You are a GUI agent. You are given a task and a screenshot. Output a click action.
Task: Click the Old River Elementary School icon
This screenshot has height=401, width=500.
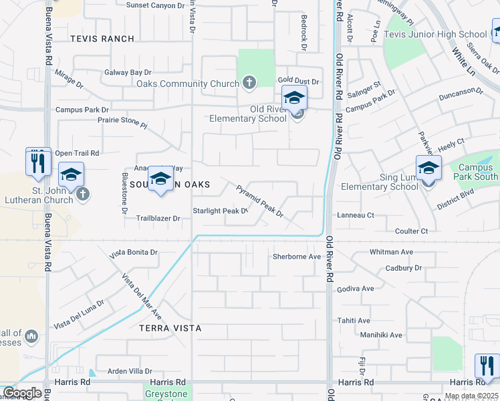(x=294, y=99)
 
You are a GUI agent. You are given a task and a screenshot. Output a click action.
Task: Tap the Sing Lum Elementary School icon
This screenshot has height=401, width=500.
(x=428, y=168)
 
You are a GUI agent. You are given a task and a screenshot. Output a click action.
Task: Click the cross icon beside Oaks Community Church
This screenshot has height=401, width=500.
(x=249, y=84)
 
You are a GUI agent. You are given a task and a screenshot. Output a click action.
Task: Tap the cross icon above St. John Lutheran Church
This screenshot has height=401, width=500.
(x=82, y=194)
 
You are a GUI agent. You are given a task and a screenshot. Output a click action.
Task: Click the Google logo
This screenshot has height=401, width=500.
(x=21, y=394)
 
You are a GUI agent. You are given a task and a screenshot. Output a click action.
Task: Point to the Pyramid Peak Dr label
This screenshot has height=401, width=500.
(x=260, y=202)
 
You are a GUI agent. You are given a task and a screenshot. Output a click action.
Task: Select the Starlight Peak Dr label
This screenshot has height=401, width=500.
(x=220, y=211)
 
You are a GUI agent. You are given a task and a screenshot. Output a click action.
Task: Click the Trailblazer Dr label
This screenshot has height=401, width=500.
(x=158, y=219)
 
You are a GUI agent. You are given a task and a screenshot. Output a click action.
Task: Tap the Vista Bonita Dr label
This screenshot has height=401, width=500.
(x=134, y=253)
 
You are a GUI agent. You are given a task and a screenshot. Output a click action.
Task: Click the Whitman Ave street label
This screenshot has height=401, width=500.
(x=390, y=253)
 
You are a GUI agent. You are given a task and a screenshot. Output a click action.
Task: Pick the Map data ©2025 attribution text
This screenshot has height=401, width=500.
(x=471, y=396)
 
